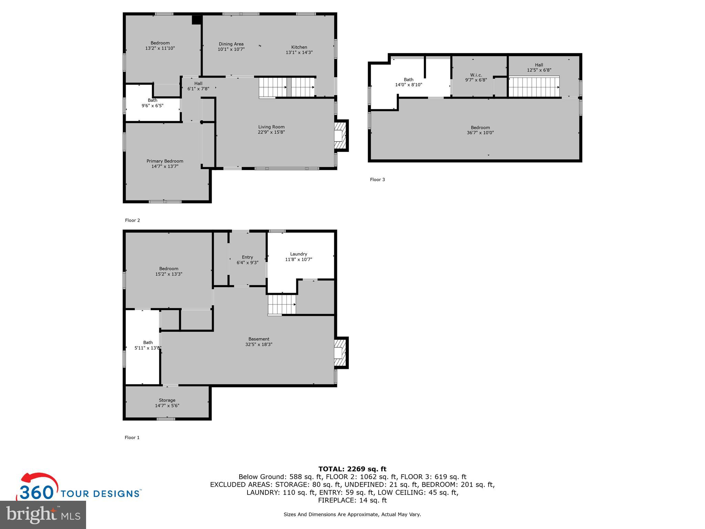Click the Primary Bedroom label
coord(165,161)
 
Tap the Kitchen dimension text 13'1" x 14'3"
coord(299,52)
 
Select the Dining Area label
coord(231,44)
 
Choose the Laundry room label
coord(298,254)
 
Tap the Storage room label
coord(167,400)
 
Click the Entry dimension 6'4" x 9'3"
coord(247,262)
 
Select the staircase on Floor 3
coord(534,87)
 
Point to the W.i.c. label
coord(476,75)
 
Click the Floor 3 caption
coord(377,179)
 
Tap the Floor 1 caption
coord(132,437)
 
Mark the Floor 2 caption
coord(132,220)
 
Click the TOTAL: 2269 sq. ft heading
coord(352,469)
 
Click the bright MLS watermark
coord(43,515)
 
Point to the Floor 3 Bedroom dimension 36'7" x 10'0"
coord(480,133)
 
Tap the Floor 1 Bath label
coord(148,342)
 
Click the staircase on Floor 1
coord(282,304)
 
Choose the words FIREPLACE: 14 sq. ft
coord(352,500)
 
